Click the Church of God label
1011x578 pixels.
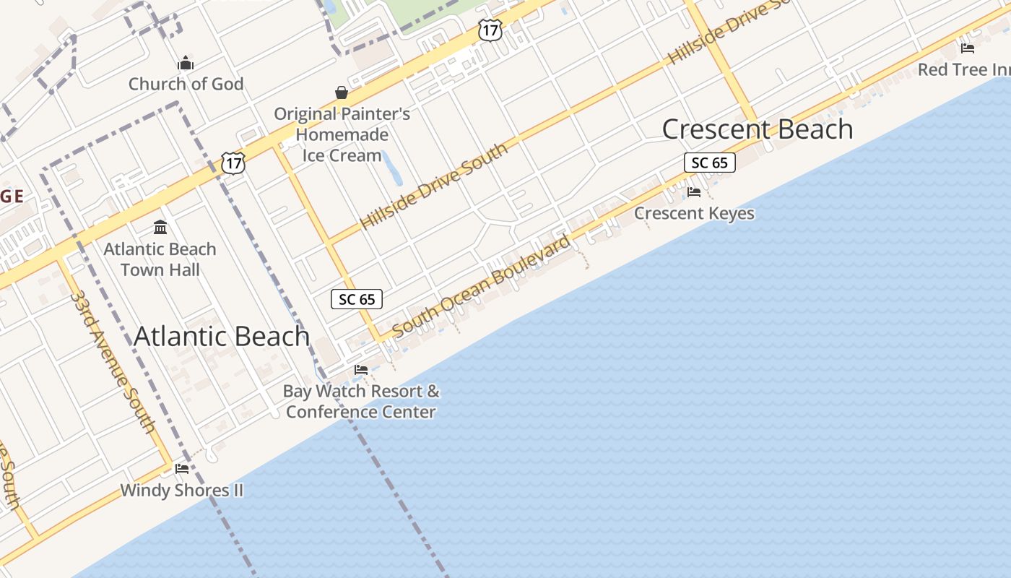(x=186, y=84)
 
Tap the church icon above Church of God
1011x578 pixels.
(x=186, y=63)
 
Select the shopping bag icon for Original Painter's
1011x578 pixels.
(x=342, y=92)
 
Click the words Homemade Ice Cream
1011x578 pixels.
(x=342, y=145)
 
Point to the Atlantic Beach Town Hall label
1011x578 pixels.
(x=160, y=259)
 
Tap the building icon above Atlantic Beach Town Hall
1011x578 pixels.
(x=160, y=228)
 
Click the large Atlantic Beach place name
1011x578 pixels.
(x=222, y=336)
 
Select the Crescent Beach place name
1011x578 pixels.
(x=758, y=129)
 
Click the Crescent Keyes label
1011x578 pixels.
(x=694, y=213)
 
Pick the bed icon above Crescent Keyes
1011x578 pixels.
(x=694, y=192)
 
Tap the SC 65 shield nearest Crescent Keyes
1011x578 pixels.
(x=709, y=163)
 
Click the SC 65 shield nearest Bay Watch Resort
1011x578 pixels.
(x=357, y=299)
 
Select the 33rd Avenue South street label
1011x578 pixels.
(x=113, y=362)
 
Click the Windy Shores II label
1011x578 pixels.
(x=181, y=491)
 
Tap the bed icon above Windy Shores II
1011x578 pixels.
(x=182, y=469)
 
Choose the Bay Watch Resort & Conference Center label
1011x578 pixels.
(x=361, y=402)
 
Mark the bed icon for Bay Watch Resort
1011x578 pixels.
(x=361, y=370)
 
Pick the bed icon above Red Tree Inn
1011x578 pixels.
(x=968, y=48)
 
